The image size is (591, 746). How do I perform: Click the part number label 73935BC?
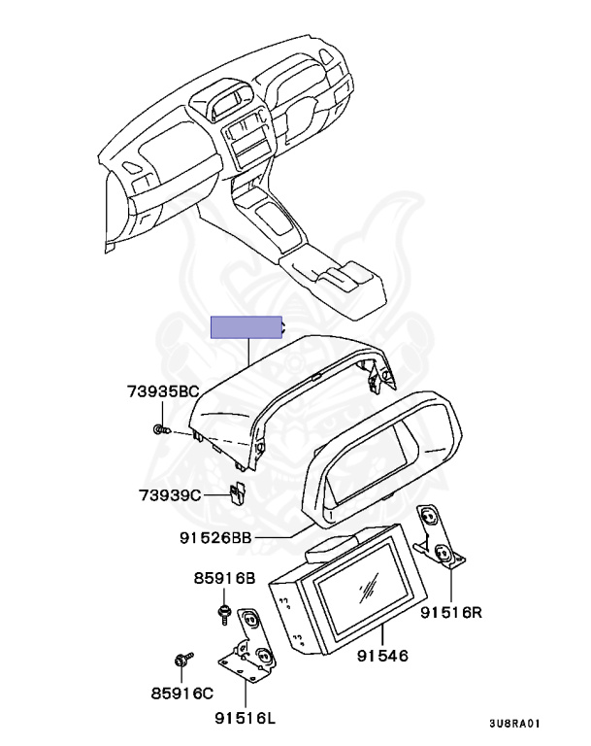tap(163, 391)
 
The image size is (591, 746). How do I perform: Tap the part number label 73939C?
tap(170, 495)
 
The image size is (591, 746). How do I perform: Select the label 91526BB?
tap(214, 537)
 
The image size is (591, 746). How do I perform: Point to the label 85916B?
tap(224, 578)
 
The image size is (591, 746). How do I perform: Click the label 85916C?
tap(182, 694)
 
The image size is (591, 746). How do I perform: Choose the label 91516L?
tap(245, 718)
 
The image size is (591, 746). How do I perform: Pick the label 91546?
tap(382, 656)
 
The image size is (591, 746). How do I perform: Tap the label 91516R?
tap(450, 612)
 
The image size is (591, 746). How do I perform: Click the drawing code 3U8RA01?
tap(515, 724)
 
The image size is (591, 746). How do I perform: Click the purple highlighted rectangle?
tap(246, 327)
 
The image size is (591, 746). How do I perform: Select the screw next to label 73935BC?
tap(162, 429)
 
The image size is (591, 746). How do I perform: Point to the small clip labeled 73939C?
tap(238, 493)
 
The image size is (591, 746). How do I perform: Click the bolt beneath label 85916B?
tap(223, 614)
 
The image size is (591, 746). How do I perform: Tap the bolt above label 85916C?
tap(183, 660)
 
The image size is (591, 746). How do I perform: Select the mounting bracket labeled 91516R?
tap(439, 537)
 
